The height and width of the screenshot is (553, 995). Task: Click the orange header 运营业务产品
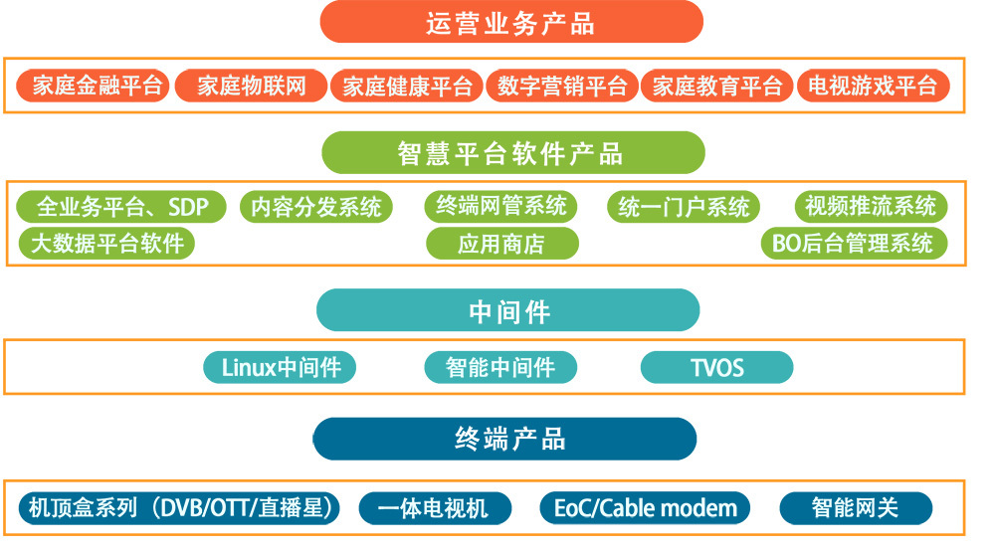click(510, 22)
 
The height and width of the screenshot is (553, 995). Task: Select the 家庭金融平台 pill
click(95, 87)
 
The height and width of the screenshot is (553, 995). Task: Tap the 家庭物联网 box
click(251, 87)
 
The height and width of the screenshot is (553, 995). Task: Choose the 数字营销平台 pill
click(562, 87)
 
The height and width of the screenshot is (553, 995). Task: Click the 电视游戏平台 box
click(873, 87)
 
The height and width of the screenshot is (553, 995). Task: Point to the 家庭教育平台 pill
click(717, 87)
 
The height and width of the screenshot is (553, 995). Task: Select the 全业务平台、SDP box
click(121, 207)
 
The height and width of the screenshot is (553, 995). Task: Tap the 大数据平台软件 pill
click(107, 243)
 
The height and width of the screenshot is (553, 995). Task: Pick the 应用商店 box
click(501, 244)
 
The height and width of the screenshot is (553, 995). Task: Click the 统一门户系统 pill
click(684, 207)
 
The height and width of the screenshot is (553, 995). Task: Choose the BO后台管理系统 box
click(854, 243)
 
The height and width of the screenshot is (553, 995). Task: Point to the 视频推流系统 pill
click(871, 207)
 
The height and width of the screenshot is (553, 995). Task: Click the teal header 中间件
click(508, 311)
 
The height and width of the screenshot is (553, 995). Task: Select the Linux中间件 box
click(280, 367)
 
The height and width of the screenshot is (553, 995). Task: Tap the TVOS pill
click(716, 368)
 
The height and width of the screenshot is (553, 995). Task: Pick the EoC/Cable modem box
click(646, 508)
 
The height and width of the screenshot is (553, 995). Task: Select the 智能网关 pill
click(855, 508)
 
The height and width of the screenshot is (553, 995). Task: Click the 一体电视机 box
click(434, 508)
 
